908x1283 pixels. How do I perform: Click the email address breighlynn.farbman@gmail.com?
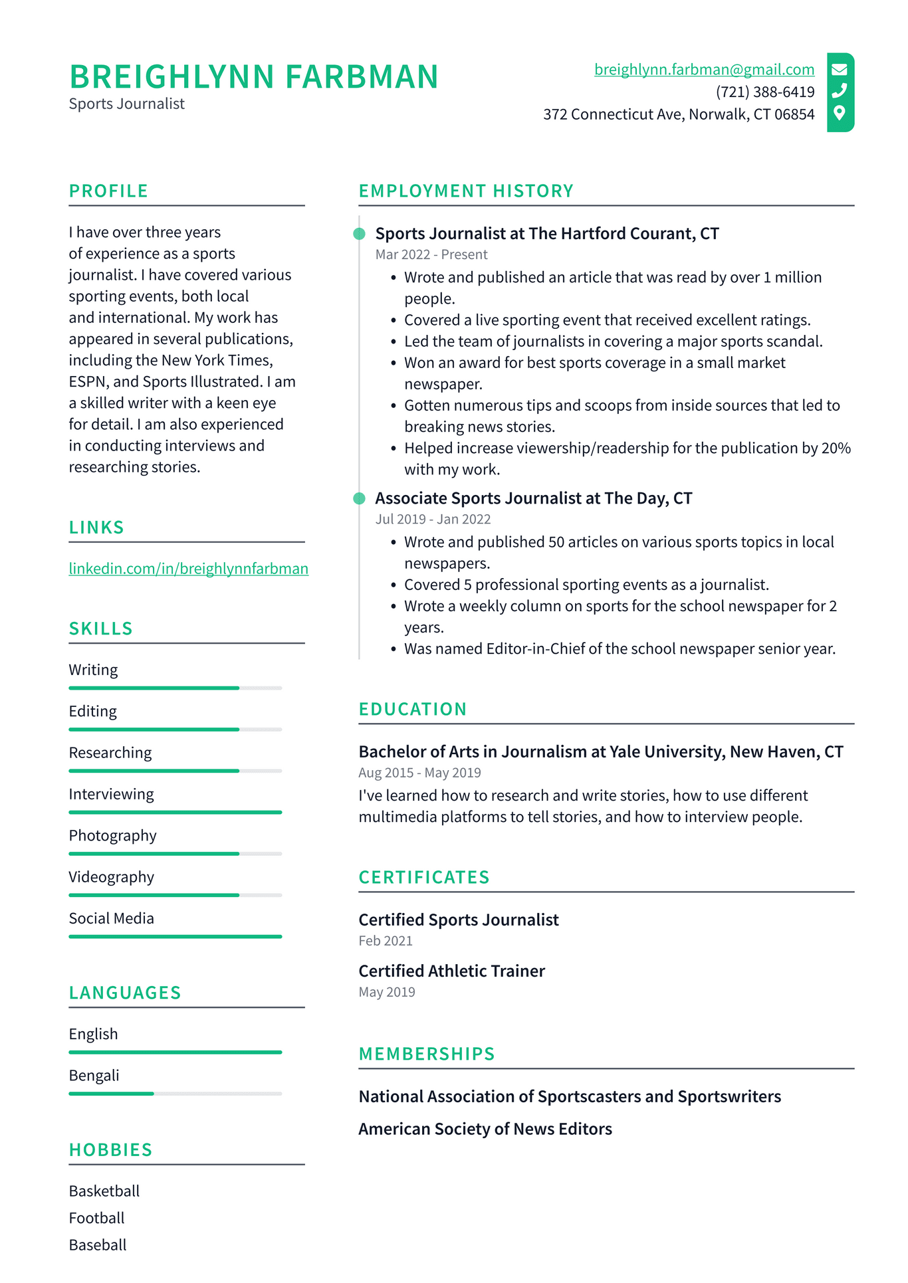coord(704,70)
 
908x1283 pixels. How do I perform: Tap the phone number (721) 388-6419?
coord(764,92)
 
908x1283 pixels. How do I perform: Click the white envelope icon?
coord(840,69)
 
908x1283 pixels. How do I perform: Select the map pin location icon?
coord(840,113)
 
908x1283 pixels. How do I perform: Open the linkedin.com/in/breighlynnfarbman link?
coord(188,569)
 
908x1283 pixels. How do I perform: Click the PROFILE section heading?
coord(108,191)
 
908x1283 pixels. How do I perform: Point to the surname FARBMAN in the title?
coord(362,77)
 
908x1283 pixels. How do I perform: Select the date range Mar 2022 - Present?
coord(431,254)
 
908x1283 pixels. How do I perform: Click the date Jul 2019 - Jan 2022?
coord(433,520)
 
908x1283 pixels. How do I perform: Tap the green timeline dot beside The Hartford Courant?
coord(359,234)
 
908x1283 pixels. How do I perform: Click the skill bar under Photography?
coord(175,854)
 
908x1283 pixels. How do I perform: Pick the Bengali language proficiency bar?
coord(175,1094)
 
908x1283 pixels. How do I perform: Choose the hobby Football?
coord(96,1219)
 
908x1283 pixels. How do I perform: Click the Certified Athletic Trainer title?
coord(451,971)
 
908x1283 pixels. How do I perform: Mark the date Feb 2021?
coord(386,941)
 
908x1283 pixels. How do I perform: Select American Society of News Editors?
coord(485,1130)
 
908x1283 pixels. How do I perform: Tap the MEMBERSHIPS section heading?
coord(427,1054)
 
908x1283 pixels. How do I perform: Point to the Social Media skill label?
coord(111,919)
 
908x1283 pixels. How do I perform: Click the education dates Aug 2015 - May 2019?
coord(419,773)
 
